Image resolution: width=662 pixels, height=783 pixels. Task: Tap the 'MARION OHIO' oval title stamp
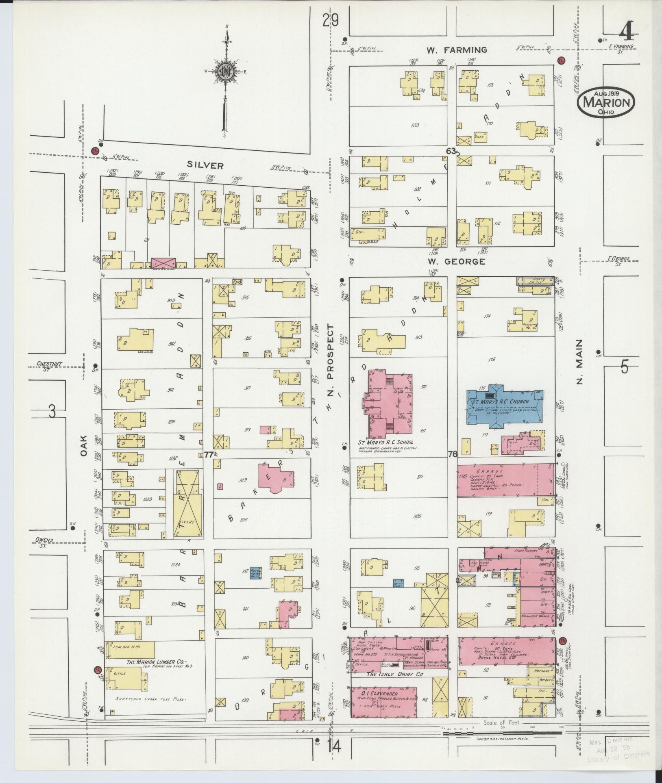(606, 103)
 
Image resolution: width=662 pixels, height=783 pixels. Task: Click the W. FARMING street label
(456, 50)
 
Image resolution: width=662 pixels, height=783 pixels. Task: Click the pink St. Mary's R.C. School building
(388, 402)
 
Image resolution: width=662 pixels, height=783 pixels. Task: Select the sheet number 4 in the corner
(629, 29)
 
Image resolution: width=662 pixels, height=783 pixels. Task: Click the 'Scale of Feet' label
(500, 723)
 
